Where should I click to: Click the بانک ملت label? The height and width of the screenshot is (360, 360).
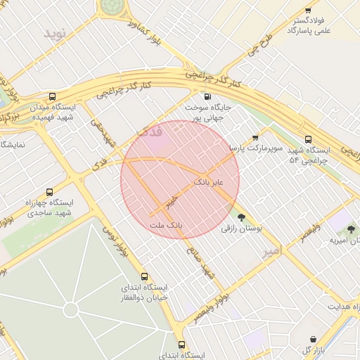(x=166, y=226)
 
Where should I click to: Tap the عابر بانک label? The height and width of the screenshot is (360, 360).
(x=208, y=181)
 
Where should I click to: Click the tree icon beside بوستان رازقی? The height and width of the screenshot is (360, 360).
(x=243, y=217)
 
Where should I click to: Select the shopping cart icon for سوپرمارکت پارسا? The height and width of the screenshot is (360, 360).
(x=255, y=138)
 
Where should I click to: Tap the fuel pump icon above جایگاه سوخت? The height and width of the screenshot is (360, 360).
(x=207, y=97)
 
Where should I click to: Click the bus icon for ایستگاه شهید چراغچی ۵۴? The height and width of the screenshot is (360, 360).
(x=308, y=139)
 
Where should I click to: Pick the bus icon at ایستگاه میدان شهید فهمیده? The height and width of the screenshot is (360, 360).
(x=53, y=97)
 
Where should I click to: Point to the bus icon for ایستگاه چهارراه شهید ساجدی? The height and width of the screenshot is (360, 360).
(x=49, y=191)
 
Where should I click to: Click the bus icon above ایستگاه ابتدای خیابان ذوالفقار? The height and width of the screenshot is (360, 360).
(x=144, y=276)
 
